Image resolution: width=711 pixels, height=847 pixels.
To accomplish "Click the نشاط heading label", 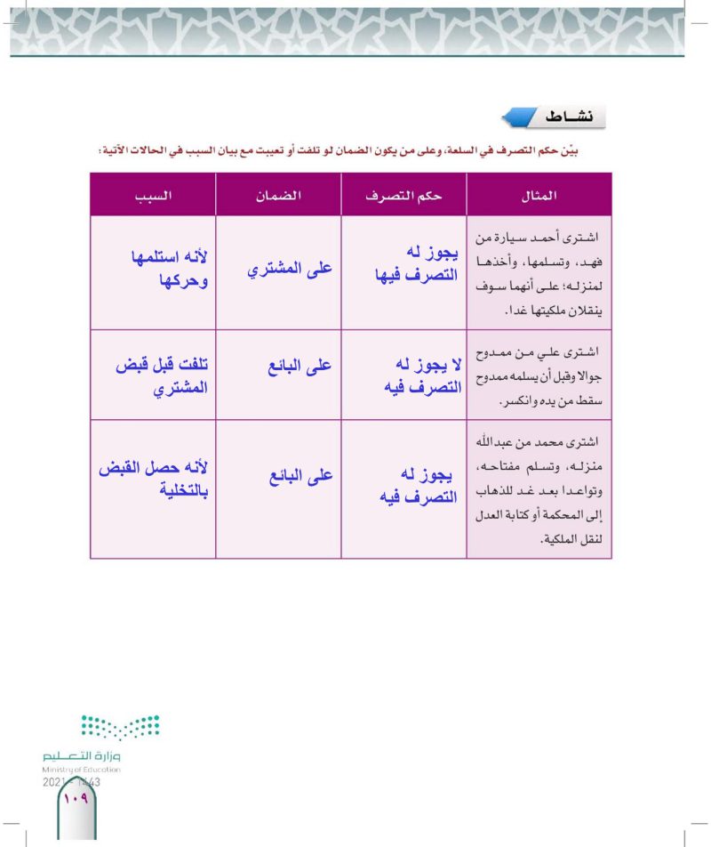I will click(566, 117).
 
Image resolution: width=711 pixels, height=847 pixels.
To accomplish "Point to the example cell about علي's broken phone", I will click(539, 375).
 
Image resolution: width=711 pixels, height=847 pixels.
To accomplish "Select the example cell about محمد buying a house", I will click(539, 488).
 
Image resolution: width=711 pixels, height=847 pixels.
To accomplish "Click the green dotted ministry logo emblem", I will click(120, 729).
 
